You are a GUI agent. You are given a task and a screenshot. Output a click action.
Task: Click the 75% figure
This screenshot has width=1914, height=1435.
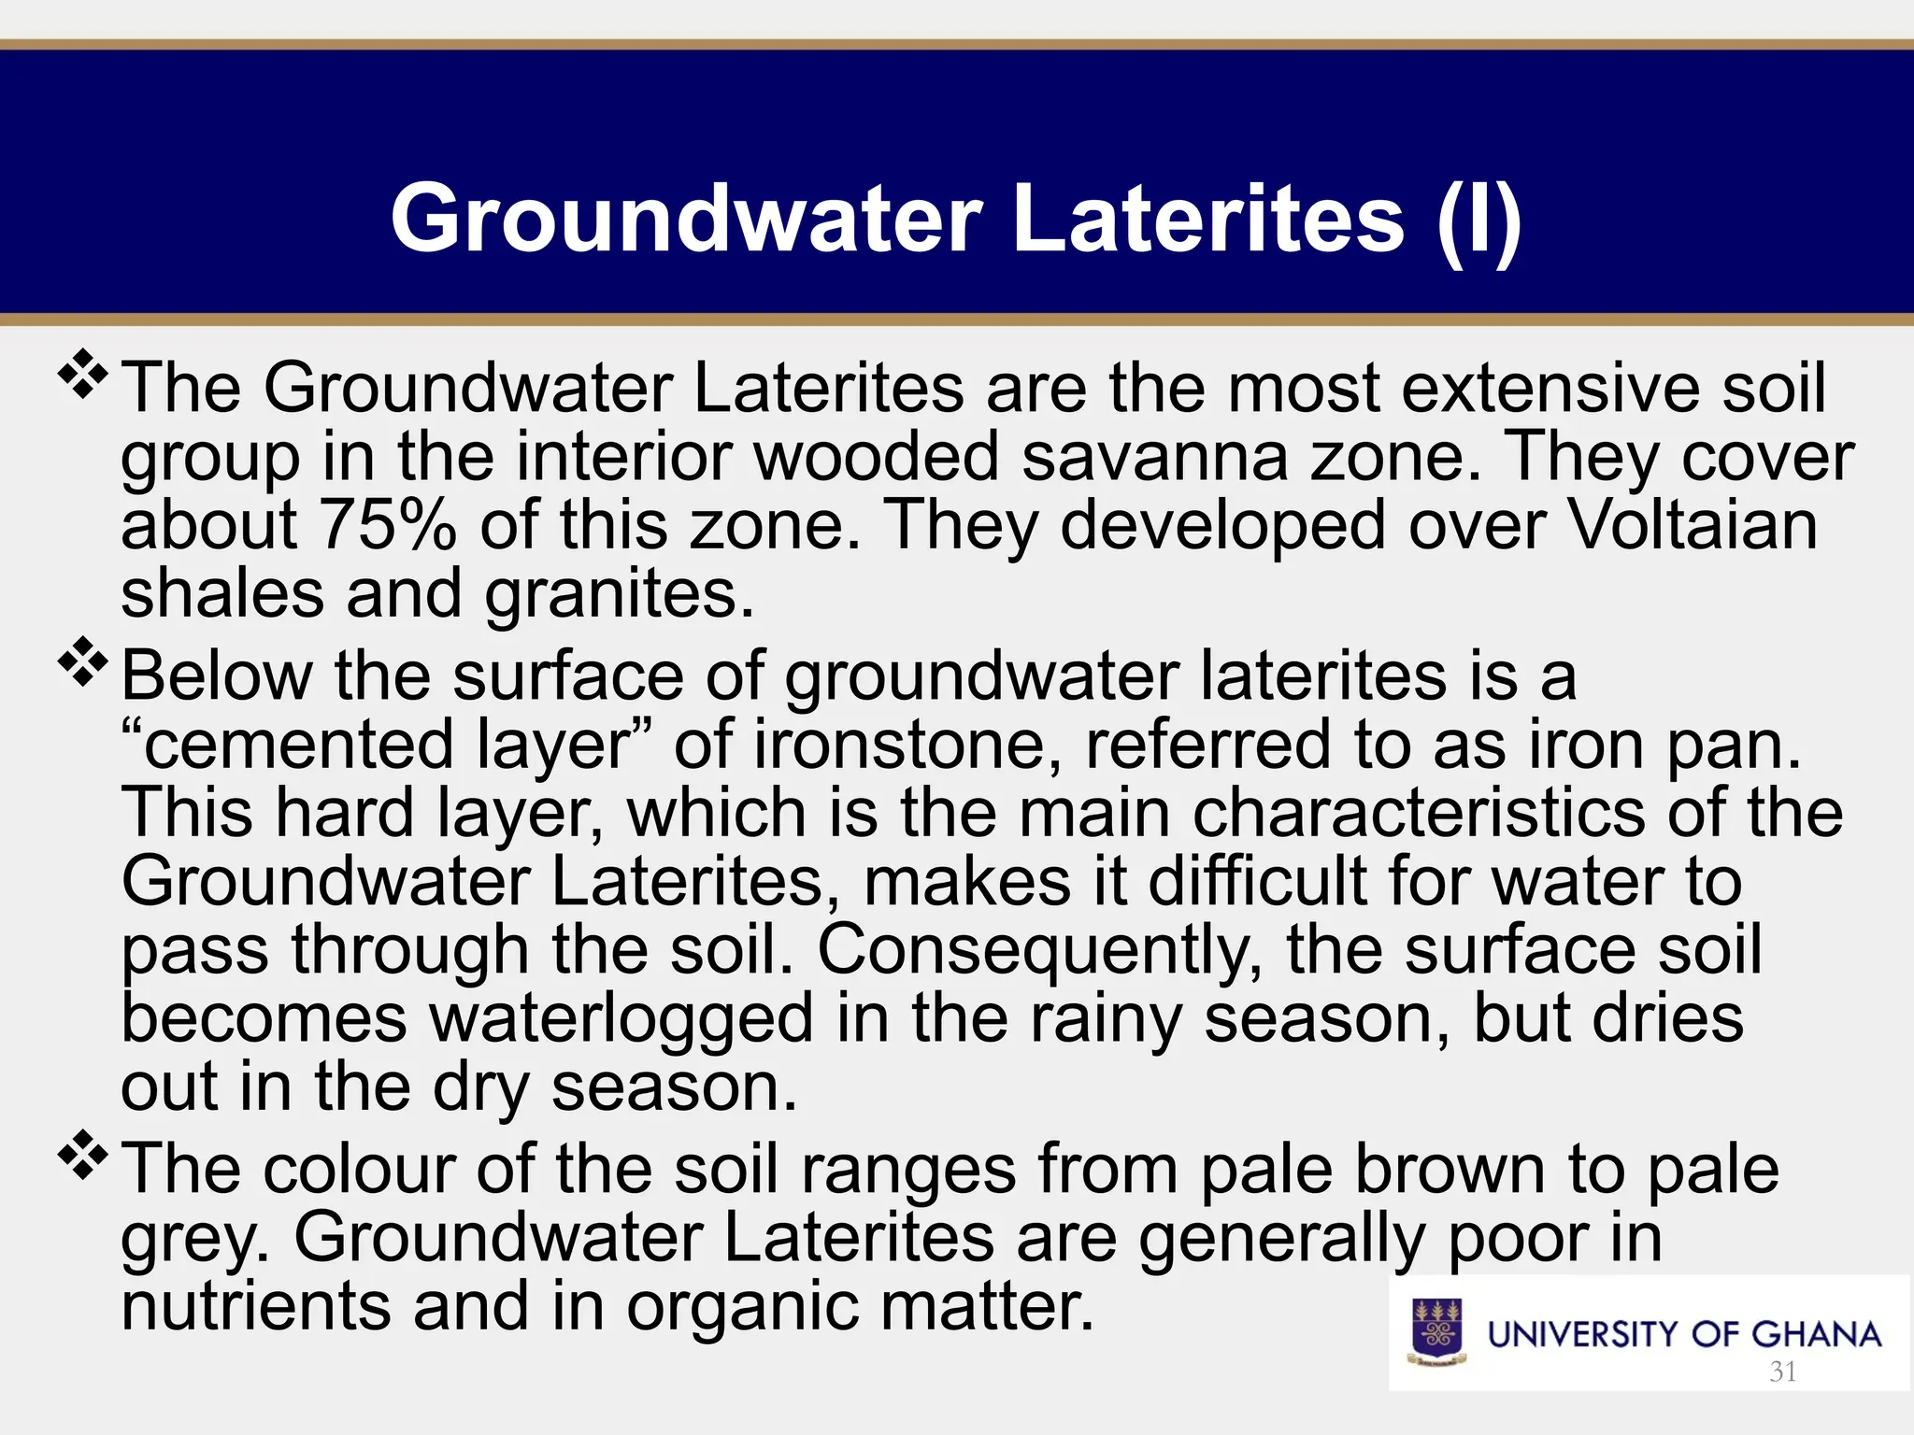[388, 525]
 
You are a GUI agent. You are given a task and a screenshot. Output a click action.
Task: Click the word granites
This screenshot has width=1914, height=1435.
[619, 594]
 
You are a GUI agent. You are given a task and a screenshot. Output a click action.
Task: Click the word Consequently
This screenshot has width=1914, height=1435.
[1040, 950]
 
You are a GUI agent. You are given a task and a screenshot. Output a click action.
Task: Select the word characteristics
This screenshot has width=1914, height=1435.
[1419, 813]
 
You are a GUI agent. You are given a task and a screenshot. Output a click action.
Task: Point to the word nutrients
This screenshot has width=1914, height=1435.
[256, 1306]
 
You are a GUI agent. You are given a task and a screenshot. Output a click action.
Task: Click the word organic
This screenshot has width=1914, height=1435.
[742, 1306]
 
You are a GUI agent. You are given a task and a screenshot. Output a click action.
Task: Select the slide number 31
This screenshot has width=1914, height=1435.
[1783, 1371]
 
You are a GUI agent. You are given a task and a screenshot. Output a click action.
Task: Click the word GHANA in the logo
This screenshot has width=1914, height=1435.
[1816, 1334]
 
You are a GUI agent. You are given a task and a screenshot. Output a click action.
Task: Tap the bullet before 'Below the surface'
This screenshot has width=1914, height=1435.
[83, 662]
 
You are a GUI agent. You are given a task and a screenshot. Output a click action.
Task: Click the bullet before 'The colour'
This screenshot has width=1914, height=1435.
[83, 1156]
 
